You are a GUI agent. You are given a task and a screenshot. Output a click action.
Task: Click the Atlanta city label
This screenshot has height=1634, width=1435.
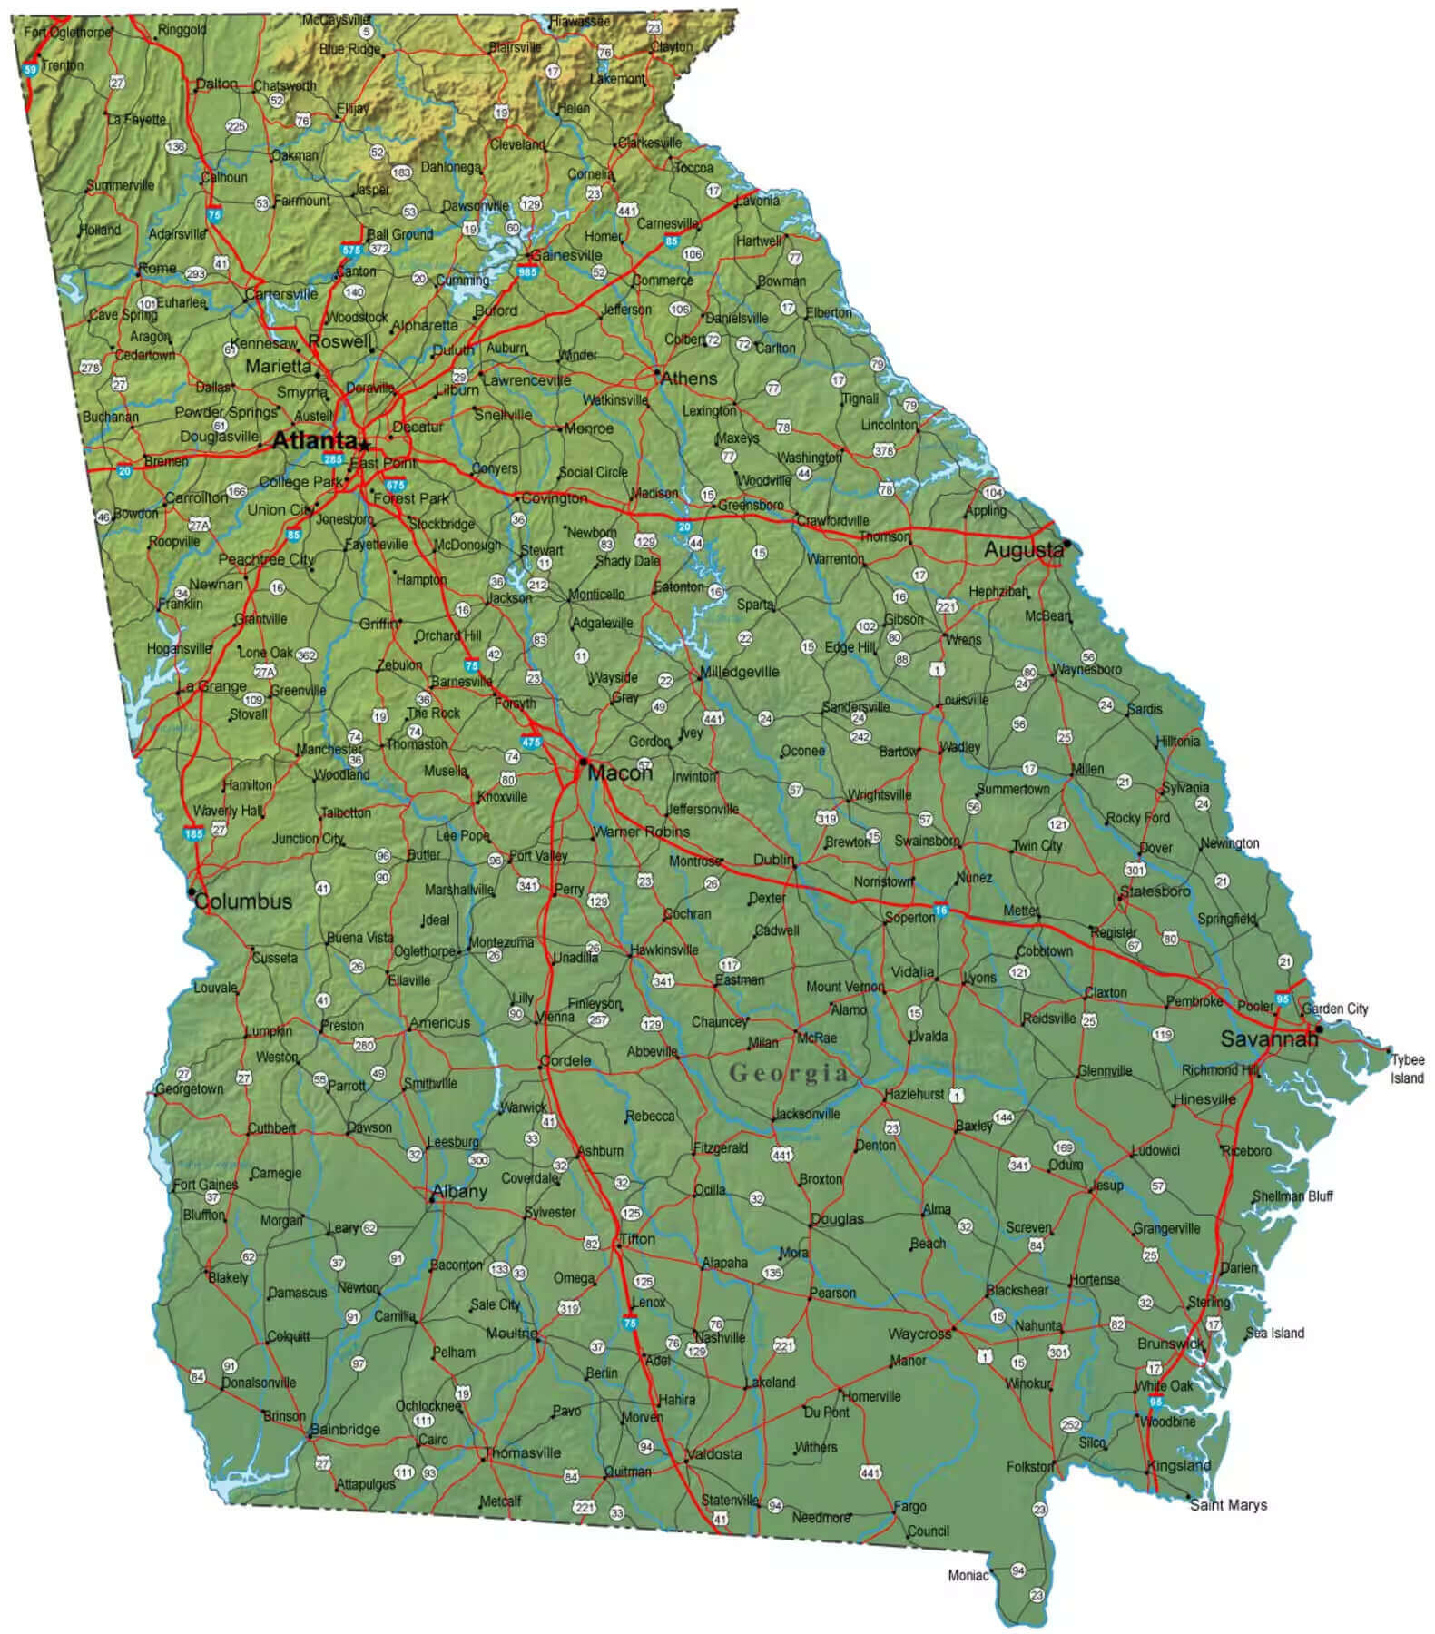point(314,441)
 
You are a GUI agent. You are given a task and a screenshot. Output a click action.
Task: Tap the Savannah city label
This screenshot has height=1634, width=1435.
point(1267,1039)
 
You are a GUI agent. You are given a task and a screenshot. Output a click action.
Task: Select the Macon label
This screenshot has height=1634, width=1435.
point(620,773)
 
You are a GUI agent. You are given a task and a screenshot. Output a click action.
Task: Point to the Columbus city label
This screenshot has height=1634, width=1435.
point(243,901)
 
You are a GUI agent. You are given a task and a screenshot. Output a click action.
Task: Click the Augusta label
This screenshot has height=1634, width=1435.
point(1023,549)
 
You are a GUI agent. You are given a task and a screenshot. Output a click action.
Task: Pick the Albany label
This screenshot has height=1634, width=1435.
point(459,1191)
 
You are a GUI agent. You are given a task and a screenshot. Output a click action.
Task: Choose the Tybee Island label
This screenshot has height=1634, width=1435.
point(1407,1068)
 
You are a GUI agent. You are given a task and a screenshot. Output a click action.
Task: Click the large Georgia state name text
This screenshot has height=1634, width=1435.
point(789,1073)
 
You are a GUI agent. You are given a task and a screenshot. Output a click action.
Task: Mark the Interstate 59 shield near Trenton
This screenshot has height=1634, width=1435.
point(31,69)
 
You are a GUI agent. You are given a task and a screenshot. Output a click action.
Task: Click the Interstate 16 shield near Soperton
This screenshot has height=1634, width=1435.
point(941,910)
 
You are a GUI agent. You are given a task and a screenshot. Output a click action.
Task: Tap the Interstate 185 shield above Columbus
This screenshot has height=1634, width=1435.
point(193,833)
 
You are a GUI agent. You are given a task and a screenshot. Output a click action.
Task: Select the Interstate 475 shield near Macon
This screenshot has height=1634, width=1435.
point(531,743)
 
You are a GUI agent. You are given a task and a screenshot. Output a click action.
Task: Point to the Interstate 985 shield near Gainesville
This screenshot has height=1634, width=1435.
point(527,271)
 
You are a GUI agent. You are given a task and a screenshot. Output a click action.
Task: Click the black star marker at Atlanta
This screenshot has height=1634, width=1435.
point(364,445)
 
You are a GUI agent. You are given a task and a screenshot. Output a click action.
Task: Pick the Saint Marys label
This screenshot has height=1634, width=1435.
point(1228,1504)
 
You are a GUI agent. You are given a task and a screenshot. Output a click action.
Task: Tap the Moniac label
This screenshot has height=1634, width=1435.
point(968,1575)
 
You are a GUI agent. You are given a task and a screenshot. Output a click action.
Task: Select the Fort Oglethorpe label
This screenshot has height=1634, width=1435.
point(68,32)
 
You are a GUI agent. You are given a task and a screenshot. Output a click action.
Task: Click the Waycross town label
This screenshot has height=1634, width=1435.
point(919,1334)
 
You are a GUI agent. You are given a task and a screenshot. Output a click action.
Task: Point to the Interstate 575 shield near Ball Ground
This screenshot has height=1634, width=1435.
point(351,249)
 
